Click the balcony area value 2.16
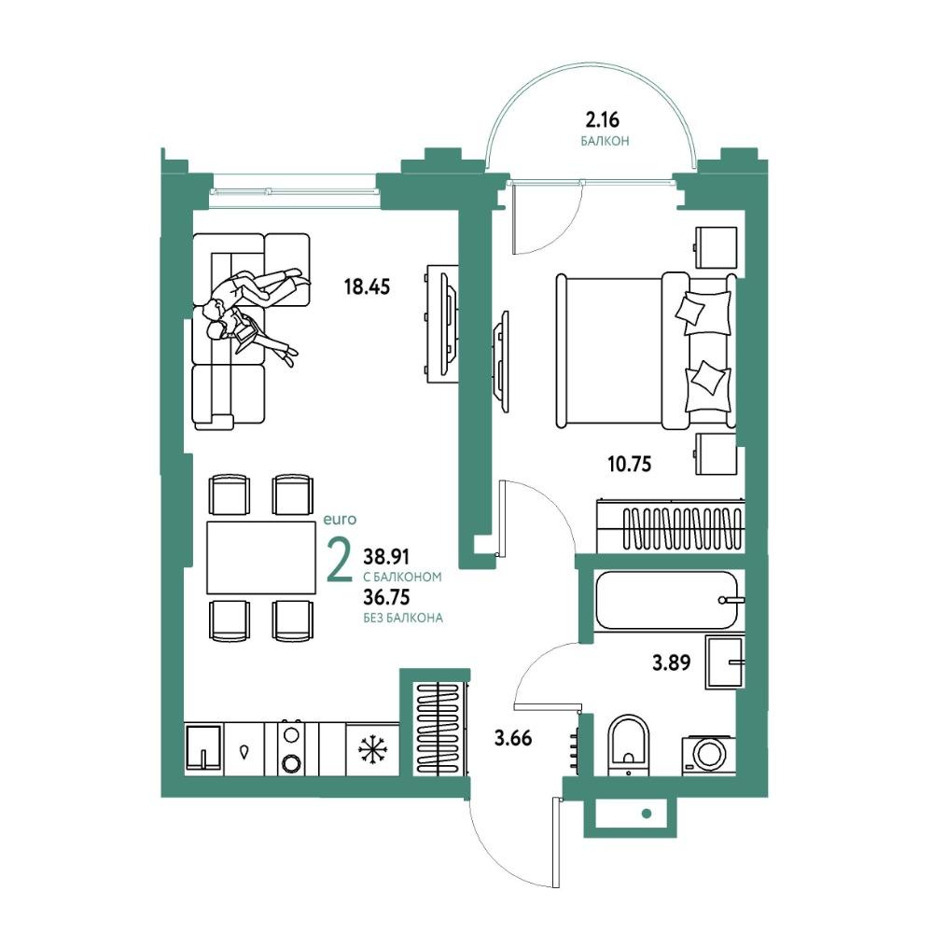[x=602, y=120]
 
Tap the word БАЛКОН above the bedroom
[x=606, y=141]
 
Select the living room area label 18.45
[x=367, y=286]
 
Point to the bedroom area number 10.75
[x=630, y=464]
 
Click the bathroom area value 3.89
[x=671, y=662]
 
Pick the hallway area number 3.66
[x=513, y=738]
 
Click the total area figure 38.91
[x=387, y=557]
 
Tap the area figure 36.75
[x=387, y=596]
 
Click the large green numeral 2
[x=341, y=561]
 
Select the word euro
[x=340, y=520]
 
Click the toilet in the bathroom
[x=629, y=745]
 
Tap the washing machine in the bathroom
[x=707, y=755]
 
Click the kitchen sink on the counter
[x=202, y=748]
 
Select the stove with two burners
[x=291, y=748]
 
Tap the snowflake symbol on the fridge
[x=372, y=749]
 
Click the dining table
[x=262, y=558]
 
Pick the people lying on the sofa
[x=256, y=311]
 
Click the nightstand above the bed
[x=716, y=247]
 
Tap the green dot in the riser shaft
[x=646, y=814]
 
